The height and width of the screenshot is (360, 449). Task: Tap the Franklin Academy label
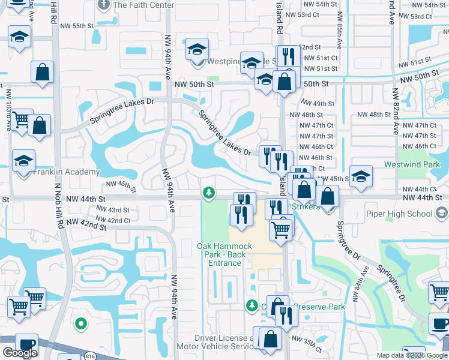click(x=67, y=172)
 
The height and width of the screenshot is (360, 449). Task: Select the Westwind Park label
click(x=420, y=164)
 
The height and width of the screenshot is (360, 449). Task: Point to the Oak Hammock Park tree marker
click(x=208, y=193)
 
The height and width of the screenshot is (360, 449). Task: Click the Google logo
click(x=20, y=353)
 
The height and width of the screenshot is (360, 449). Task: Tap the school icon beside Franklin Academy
click(x=24, y=162)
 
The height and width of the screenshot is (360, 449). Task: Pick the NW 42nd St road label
click(x=86, y=224)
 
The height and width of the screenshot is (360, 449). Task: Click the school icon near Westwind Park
click(x=361, y=177)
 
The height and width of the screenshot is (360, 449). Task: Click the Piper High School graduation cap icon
click(x=441, y=213)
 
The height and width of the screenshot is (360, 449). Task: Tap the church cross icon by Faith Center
click(x=103, y=5)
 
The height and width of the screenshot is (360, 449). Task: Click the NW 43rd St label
click(x=113, y=210)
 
